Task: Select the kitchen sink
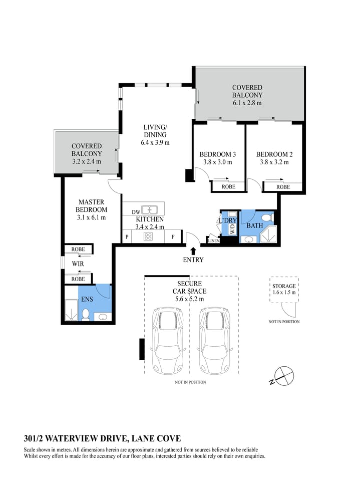[149, 210]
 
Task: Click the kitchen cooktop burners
[148, 237]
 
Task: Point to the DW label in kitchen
[136, 211]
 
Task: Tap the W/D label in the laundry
[232, 229]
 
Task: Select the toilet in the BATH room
[267, 217]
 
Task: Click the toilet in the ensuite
[86, 314]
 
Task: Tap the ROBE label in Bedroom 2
[283, 187]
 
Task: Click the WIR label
[78, 264]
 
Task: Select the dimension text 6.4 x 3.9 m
[155, 142]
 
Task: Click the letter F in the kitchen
[173, 237]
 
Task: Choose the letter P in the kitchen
[127, 237]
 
